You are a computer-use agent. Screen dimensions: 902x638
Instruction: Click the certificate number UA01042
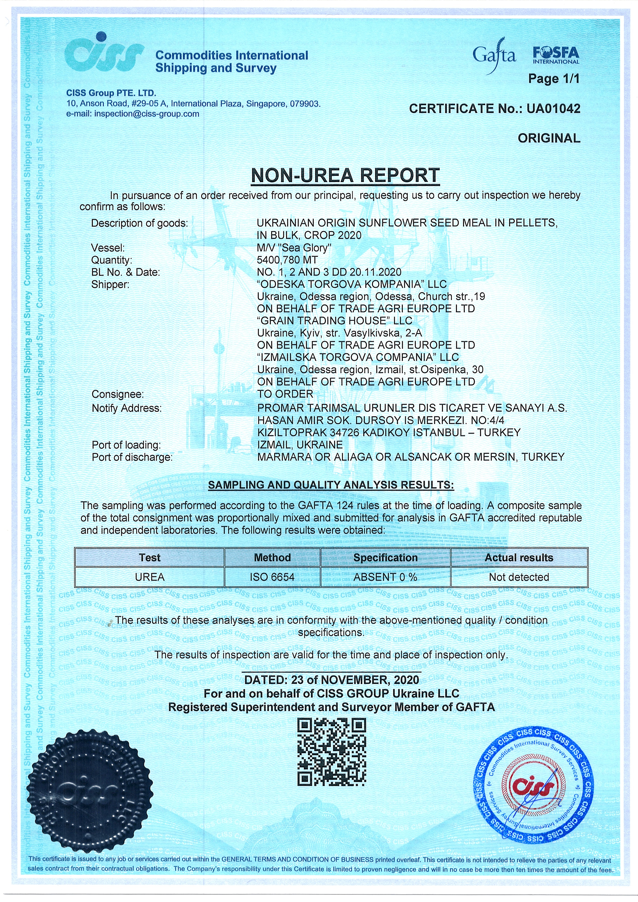(x=553, y=109)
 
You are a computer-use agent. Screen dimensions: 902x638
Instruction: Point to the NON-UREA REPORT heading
(x=345, y=175)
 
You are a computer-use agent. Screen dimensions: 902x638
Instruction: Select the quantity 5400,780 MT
(x=287, y=260)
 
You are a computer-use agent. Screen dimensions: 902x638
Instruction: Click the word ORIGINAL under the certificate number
(x=549, y=138)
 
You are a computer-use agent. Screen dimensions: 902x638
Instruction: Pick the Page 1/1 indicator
(x=553, y=79)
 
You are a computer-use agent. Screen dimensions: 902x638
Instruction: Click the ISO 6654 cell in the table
(x=272, y=577)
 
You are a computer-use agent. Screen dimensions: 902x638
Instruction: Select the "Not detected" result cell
(x=519, y=577)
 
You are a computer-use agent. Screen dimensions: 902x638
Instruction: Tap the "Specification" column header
(x=385, y=557)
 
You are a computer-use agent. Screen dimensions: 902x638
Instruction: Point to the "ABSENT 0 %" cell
(x=385, y=577)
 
